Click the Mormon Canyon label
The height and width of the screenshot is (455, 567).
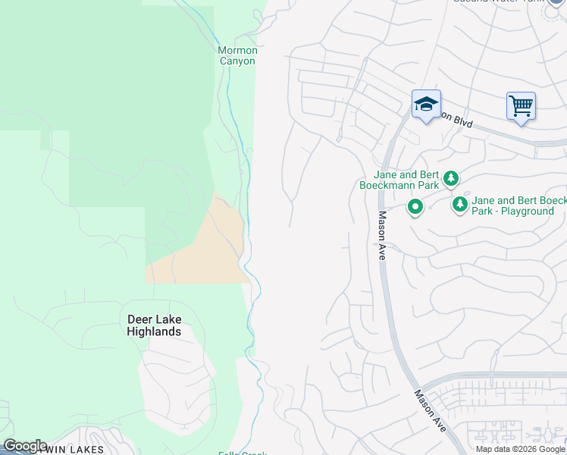coord(237,55)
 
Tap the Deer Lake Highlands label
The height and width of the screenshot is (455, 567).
coord(154,326)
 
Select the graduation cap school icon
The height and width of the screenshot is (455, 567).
coord(426,105)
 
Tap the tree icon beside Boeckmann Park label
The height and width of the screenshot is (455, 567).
coord(451,179)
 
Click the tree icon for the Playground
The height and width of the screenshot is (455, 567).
coord(459,205)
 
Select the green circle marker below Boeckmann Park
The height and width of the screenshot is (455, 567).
coord(415,206)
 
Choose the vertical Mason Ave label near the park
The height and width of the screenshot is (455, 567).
coord(382,235)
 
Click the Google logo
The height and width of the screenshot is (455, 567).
coord(25,446)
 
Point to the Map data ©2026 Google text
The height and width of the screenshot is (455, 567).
coord(521,449)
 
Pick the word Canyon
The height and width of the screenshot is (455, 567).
coord(237,61)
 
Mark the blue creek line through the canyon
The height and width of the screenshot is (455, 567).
coord(248,227)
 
